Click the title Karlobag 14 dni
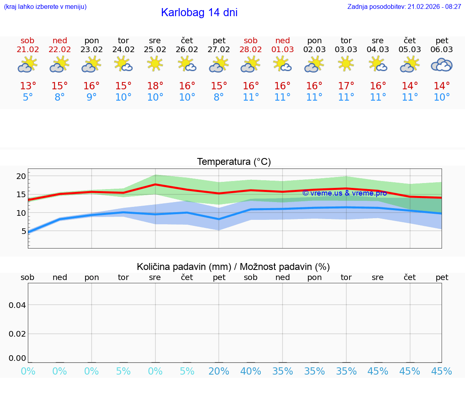click(199, 13)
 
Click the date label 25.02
click(155, 50)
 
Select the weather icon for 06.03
click(442, 65)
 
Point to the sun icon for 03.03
click(346, 63)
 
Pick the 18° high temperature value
click(155, 86)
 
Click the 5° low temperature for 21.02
click(28, 97)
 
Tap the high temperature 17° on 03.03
click(346, 86)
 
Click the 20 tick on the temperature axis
click(21, 176)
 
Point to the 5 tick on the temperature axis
click(23, 231)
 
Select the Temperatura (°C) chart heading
click(234, 162)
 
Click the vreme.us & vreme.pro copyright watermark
click(344, 193)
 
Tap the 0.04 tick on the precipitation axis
click(17, 305)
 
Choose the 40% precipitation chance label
click(251, 371)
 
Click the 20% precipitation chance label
click(219, 371)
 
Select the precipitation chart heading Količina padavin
click(233, 267)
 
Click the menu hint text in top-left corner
click(45, 7)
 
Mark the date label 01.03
click(283, 50)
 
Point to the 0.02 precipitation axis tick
click(17, 334)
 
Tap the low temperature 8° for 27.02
click(219, 97)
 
